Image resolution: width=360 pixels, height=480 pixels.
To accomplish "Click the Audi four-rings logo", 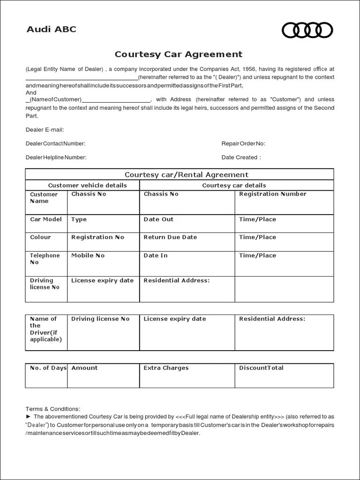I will (x=307, y=30).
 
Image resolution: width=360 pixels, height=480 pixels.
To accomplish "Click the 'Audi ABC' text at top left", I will (x=51, y=30).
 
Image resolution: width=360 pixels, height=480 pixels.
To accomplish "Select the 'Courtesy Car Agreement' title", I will (x=179, y=54).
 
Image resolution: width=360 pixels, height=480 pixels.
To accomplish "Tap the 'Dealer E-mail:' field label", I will (x=45, y=129).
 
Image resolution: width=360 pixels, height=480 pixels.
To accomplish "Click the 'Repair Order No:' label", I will (x=243, y=143).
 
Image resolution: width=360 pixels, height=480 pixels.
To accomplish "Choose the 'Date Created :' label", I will (x=241, y=157).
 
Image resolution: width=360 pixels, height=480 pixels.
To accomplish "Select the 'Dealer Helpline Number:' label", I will (x=56, y=157).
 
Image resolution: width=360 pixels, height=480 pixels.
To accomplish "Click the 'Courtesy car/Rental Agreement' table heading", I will (x=180, y=174).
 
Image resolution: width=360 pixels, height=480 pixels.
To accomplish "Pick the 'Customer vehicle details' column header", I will (x=87, y=186).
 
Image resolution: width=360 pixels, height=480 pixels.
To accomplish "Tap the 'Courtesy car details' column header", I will (x=234, y=186).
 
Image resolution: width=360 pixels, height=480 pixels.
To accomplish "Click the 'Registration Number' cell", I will (x=272, y=194).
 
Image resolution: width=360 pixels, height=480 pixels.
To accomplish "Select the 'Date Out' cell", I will (x=158, y=219).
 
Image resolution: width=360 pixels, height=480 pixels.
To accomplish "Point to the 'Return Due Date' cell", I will (x=170, y=237).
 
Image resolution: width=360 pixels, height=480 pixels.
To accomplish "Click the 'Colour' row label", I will (x=40, y=237).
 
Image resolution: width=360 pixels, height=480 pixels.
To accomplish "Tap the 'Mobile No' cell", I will (x=88, y=255).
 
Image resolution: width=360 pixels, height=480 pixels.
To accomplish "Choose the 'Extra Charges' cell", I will (x=166, y=368).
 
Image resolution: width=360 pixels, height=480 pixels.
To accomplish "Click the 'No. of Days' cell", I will (x=48, y=368).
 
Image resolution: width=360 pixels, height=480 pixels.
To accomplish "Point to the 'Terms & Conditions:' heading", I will (x=53, y=409).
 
